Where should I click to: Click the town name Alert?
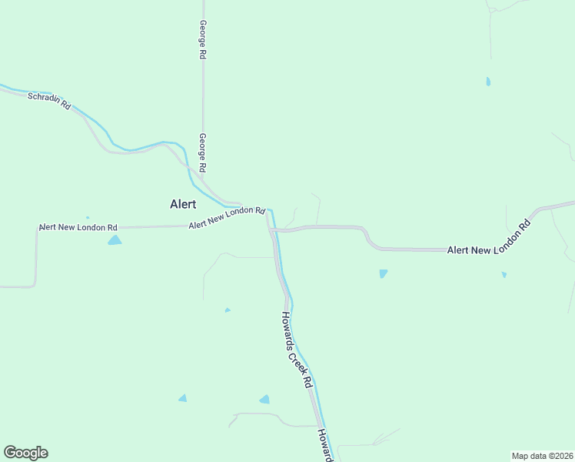tap(183, 204)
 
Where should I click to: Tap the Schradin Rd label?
tap(48, 101)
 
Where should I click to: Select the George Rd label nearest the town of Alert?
tap(203, 152)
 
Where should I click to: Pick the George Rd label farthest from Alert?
tap(202, 40)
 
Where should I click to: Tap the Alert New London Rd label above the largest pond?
tap(78, 228)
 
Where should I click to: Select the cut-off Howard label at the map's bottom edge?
tap(325, 446)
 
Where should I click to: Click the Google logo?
tap(25, 453)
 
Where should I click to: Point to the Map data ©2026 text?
tap(542, 455)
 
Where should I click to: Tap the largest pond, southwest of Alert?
tap(115, 240)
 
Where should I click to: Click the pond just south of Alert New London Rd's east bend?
tap(383, 273)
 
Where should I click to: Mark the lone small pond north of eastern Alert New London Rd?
tap(488, 81)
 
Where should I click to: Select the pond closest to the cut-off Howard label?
tap(264, 399)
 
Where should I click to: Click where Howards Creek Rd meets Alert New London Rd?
tap(271, 229)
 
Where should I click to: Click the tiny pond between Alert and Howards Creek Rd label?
tap(228, 310)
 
